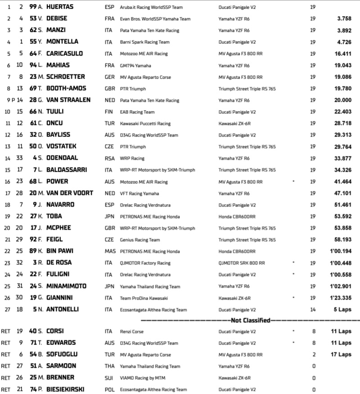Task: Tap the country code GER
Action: coord(109,77)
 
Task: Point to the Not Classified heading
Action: coord(250,321)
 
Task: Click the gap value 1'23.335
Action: coord(340,298)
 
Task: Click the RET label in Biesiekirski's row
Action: coord(6,390)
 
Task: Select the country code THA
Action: coord(109,366)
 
